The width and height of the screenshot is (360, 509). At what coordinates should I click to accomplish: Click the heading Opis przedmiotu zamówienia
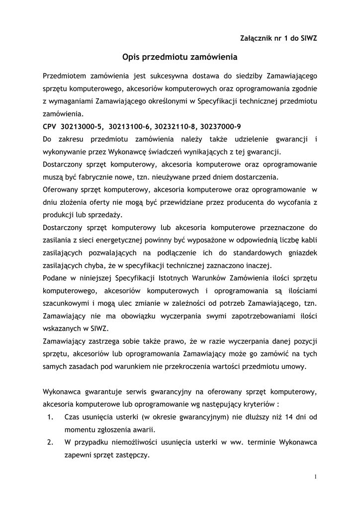180,57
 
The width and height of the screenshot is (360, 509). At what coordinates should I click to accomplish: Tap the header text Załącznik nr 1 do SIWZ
279,38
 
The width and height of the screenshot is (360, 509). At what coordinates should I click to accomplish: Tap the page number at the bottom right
315,477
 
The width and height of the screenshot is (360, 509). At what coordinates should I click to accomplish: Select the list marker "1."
51,417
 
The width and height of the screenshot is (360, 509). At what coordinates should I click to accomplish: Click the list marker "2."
51,442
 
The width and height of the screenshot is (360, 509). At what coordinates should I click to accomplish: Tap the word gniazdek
300,253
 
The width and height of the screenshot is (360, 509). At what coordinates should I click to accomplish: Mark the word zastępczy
133,455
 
